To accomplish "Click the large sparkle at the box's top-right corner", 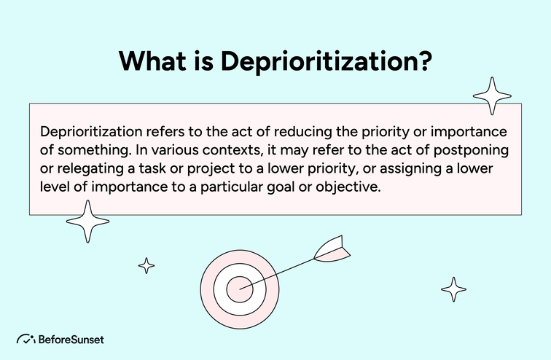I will click(x=491, y=95).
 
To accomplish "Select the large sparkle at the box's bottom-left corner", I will click(x=87, y=220).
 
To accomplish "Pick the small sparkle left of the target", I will click(x=146, y=265).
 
